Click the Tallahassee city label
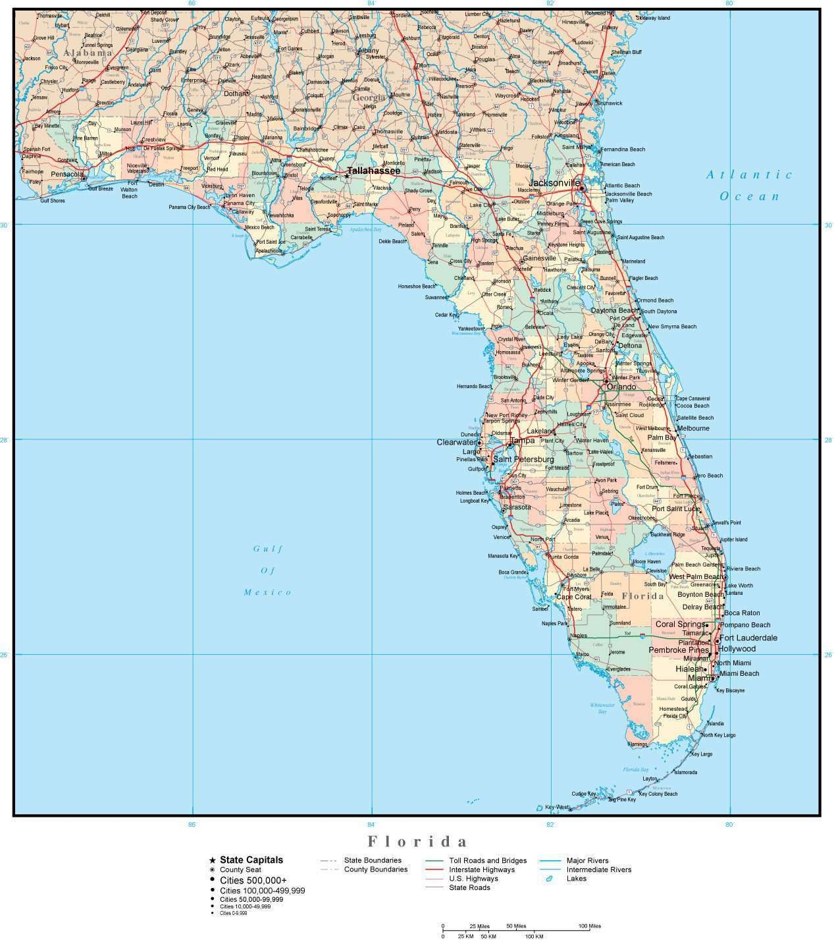[374, 171]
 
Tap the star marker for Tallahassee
[347, 175]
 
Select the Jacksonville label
[555, 182]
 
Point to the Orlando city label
[622, 387]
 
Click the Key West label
[557, 807]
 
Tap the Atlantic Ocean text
[749, 185]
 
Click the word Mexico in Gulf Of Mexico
[267, 592]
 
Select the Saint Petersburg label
[523, 459]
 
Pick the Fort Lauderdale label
[748, 638]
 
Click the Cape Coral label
[574, 597]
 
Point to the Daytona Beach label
[614, 310]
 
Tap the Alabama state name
[88, 53]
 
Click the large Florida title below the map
[417, 841]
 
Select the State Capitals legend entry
[251, 860]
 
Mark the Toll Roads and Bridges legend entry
[488, 860]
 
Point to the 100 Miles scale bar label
[589, 926]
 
